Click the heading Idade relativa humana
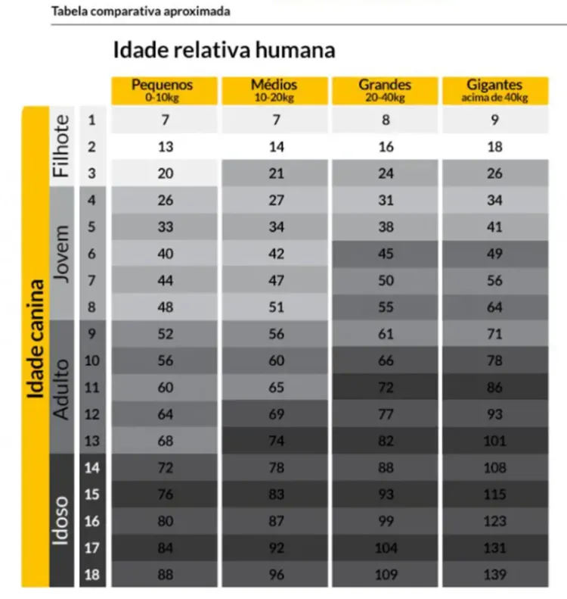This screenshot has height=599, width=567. click(x=224, y=51)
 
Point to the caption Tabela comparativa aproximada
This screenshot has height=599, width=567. click(x=141, y=12)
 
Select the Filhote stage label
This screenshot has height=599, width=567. click(x=62, y=146)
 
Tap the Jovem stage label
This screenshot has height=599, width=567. click(x=62, y=253)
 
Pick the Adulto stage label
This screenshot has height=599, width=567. click(x=62, y=386)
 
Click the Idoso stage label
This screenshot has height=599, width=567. click(x=62, y=520)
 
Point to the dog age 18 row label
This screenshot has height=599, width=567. click(x=92, y=575)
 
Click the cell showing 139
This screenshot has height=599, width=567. click(x=495, y=575)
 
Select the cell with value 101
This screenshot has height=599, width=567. click(x=495, y=441)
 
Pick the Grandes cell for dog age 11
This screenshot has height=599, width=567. click(x=386, y=388)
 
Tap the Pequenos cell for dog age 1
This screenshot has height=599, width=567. click(x=166, y=120)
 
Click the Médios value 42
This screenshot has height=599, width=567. click(x=276, y=254)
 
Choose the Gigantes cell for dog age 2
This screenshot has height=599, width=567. click(x=495, y=147)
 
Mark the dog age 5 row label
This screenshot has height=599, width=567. click(x=92, y=227)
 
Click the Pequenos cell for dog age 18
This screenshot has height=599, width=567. click(x=166, y=575)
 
